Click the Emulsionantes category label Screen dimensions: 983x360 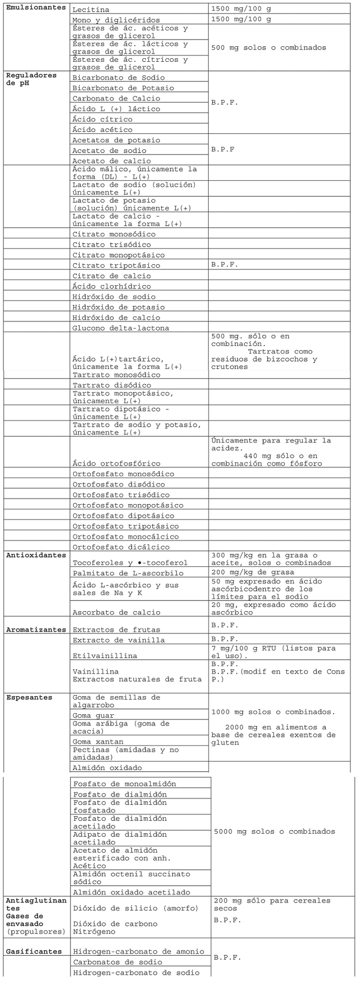(36, 8)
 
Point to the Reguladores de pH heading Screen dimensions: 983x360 (31, 79)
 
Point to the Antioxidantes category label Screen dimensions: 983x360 (36, 555)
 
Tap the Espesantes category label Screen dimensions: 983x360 (29, 697)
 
